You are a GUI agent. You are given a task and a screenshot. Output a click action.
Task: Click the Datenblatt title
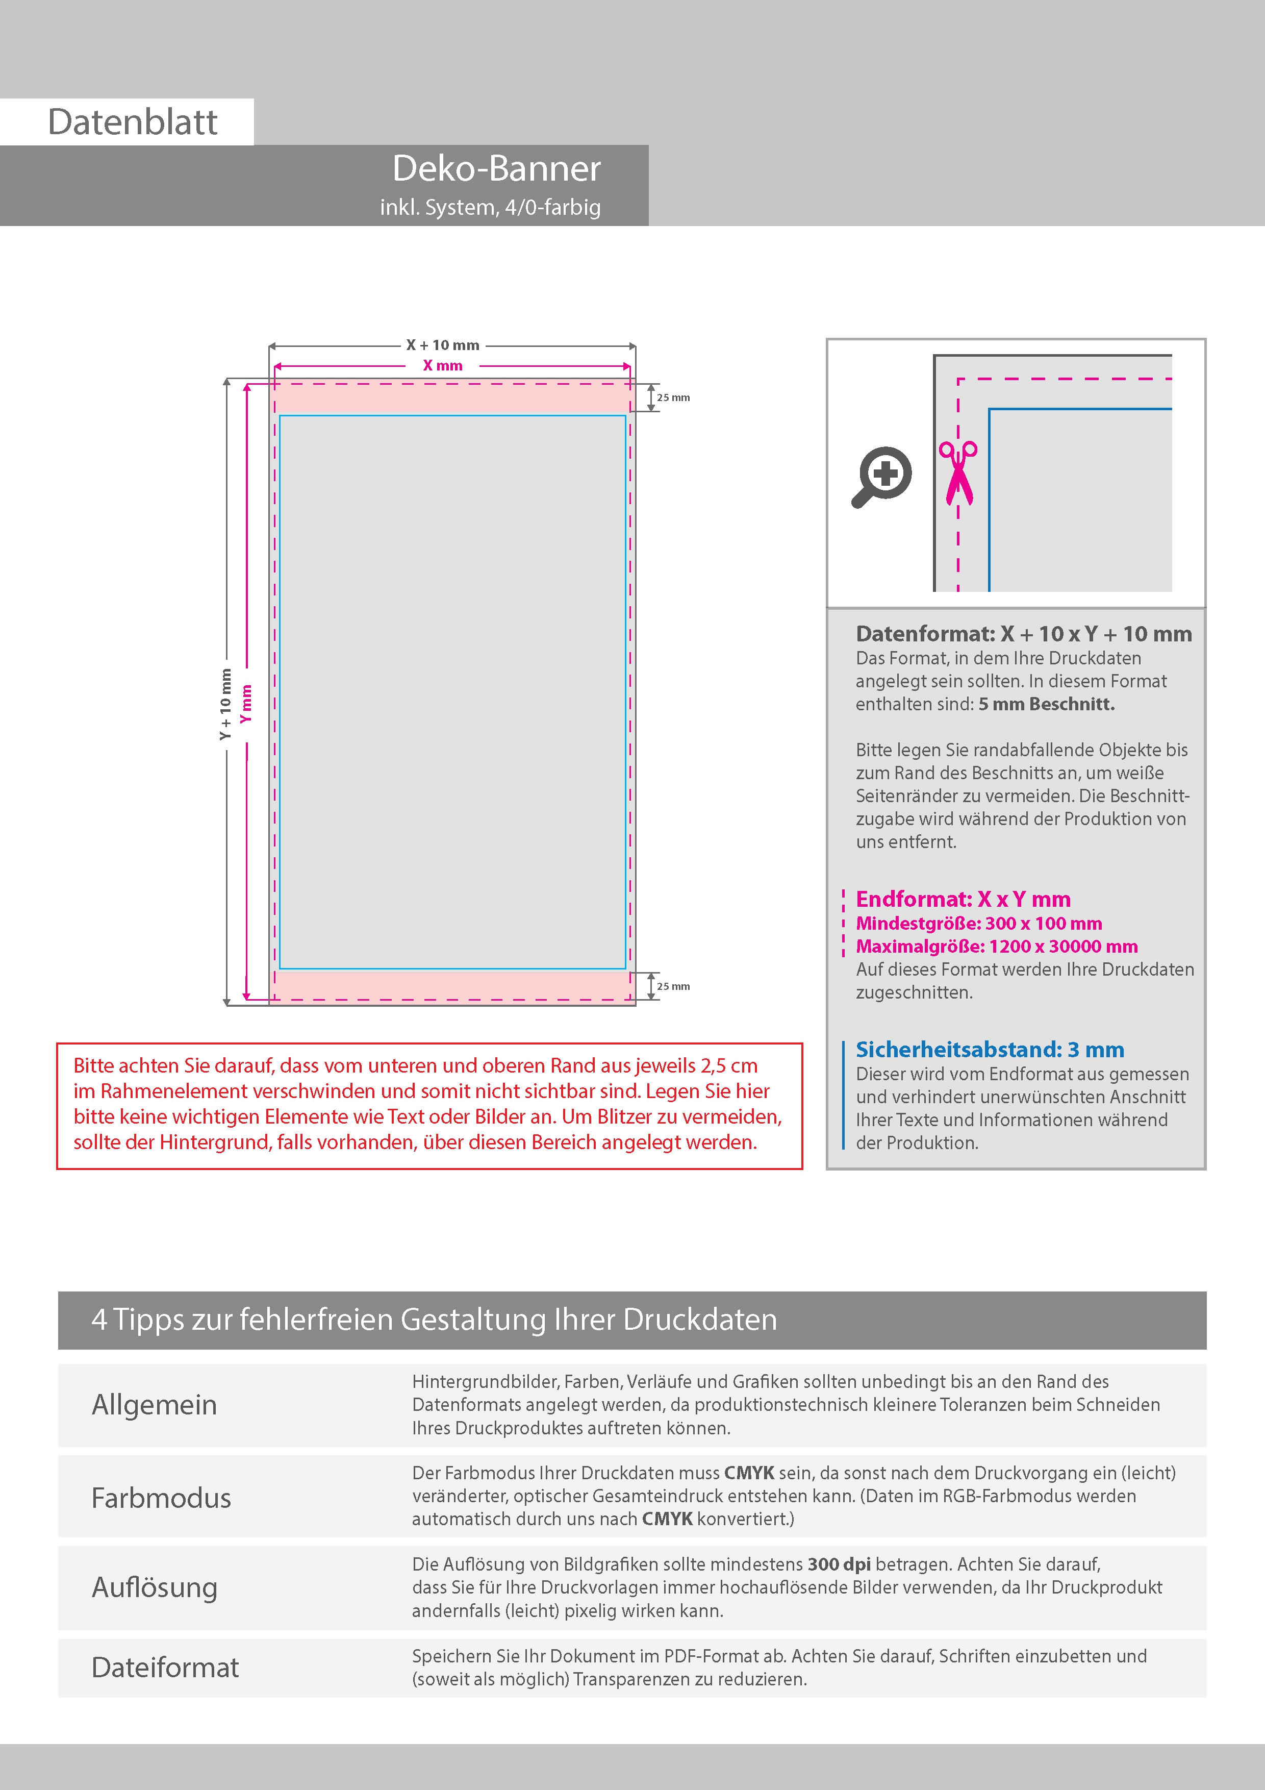pyautogui.click(x=133, y=122)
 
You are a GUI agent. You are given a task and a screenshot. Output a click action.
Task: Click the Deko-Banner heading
pyautogui.click(x=496, y=168)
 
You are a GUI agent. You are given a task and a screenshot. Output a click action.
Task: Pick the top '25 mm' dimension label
pyautogui.click(x=673, y=397)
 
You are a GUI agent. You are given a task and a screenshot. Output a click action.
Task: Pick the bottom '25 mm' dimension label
pyautogui.click(x=673, y=986)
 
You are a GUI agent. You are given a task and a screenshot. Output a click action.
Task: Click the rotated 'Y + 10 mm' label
pyautogui.click(x=226, y=704)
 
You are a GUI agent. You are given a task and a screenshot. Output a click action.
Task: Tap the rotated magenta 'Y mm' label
pyautogui.click(x=246, y=704)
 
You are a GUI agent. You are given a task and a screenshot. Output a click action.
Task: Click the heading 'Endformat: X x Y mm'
pyautogui.click(x=963, y=899)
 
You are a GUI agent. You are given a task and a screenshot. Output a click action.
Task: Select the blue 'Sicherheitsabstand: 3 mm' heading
pyautogui.click(x=989, y=1050)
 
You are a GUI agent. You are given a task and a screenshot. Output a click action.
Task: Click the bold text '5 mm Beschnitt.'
pyautogui.click(x=1046, y=704)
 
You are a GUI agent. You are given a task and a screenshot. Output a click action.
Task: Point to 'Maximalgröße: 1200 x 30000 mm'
pyautogui.click(x=996, y=947)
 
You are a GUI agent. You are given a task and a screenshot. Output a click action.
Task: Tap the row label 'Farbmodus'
pyautogui.click(x=161, y=1498)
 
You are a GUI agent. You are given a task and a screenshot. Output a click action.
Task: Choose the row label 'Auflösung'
pyautogui.click(x=155, y=1587)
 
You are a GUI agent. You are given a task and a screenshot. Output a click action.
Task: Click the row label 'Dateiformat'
pyautogui.click(x=165, y=1668)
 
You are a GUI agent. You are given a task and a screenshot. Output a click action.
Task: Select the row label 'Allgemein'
pyautogui.click(x=155, y=1405)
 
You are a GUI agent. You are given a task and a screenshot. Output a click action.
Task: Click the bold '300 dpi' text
pyautogui.click(x=839, y=1564)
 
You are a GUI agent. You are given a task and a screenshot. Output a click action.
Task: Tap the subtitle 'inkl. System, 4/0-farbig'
pyautogui.click(x=490, y=207)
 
